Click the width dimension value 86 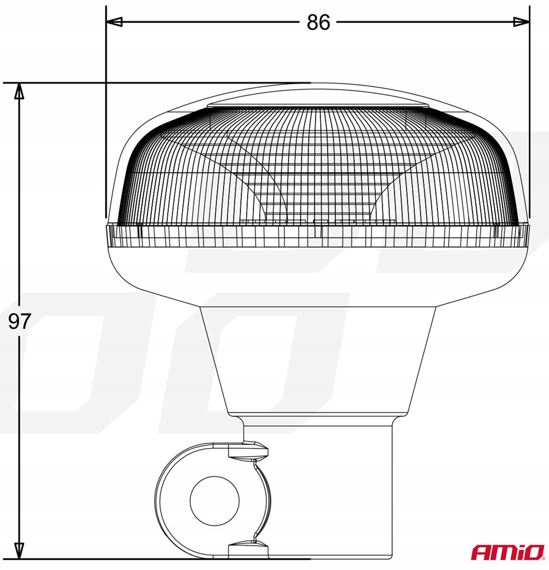pyautogui.click(x=318, y=22)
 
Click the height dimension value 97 pyautogui.click(x=20, y=321)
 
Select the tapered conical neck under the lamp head pyautogui.click(x=318, y=357)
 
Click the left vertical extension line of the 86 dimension pyautogui.click(x=105, y=121)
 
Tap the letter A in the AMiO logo pyautogui.click(x=480, y=553)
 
